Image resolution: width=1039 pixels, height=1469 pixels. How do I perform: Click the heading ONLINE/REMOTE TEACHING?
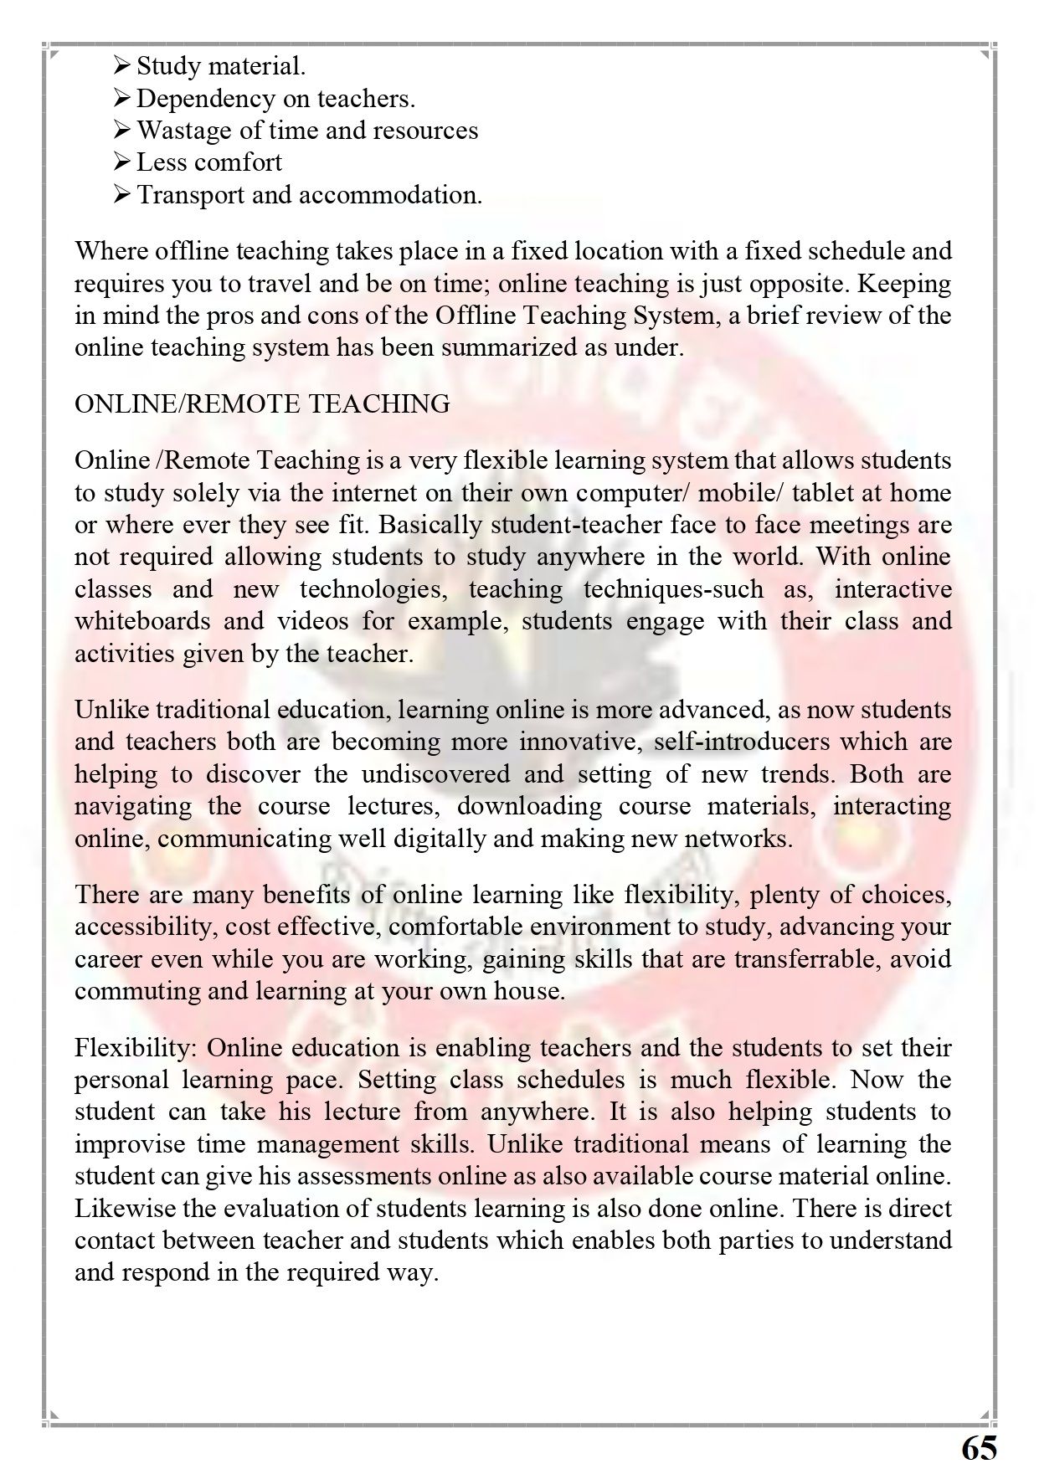click(x=262, y=404)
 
